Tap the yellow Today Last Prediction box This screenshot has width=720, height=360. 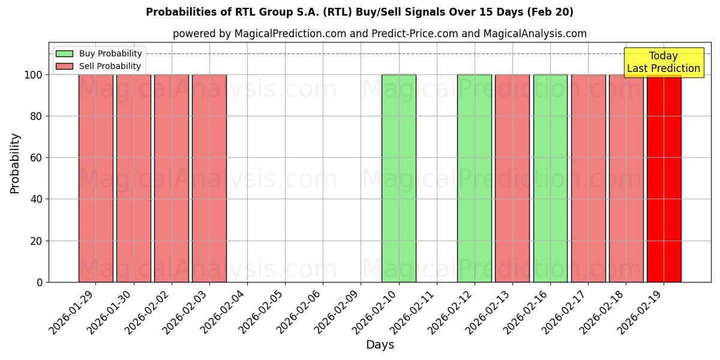[664, 62]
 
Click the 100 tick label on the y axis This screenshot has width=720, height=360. [34, 75]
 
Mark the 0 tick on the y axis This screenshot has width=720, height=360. [40, 283]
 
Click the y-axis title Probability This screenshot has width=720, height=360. [16, 163]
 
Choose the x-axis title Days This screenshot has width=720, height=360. [380, 345]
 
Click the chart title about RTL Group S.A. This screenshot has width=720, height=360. [359, 12]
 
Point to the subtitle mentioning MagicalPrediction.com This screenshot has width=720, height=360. [379, 34]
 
